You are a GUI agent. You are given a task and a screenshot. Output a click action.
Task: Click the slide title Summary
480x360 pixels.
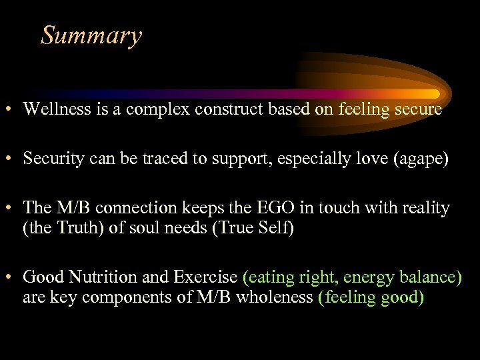(x=91, y=35)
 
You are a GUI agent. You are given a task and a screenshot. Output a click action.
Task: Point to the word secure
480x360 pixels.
(x=419, y=109)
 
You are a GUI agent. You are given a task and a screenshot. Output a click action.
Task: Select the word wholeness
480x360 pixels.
(x=274, y=297)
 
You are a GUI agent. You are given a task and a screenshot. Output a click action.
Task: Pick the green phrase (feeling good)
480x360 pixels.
(x=371, y=297)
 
